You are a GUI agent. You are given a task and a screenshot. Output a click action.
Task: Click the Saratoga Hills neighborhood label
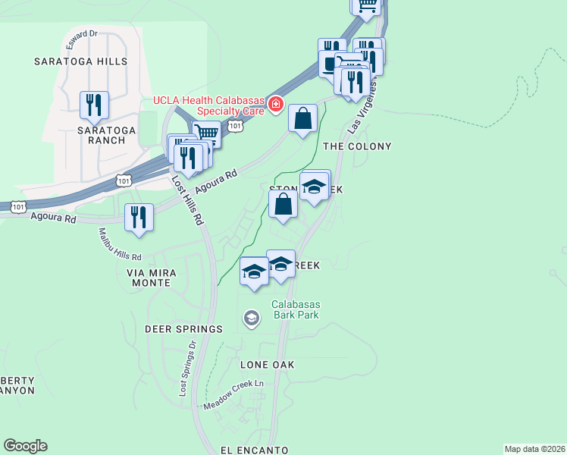click(x=80, y=61)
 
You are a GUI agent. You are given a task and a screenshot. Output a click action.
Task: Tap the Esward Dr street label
click(x=82, y=34)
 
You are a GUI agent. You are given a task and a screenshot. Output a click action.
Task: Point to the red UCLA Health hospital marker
click(x=276, y=104)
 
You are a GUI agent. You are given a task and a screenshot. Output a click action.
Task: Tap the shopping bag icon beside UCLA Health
click(x=302, y=118)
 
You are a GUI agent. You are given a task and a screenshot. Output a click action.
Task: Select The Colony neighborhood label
click(x=357, y=146)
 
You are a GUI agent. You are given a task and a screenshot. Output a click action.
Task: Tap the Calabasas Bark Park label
click(x=296, y=310)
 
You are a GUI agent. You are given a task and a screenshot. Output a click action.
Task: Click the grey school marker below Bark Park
click(x=251, y=320)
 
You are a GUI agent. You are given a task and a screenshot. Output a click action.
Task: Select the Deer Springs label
click(x=184, y=329)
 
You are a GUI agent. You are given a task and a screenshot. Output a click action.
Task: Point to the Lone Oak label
click(x=267, y=365)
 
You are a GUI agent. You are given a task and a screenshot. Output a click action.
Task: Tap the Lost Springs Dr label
click(x=186, y=369)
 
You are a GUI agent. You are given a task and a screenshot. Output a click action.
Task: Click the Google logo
click(x=25, y=446)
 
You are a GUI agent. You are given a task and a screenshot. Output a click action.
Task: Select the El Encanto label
click(x=254, y=450)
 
